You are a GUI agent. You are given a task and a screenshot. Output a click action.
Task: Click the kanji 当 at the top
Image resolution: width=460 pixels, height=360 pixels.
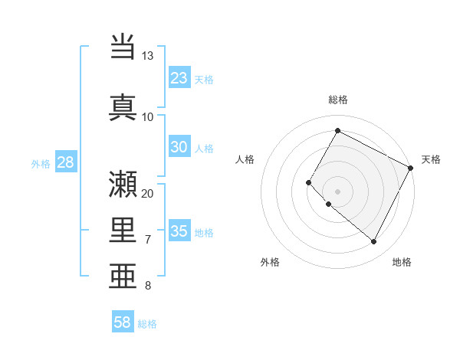pyautogui.click(x=123, y=48)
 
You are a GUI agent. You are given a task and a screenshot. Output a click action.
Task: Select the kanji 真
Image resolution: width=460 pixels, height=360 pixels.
pyautogui.click(x=123, y=107)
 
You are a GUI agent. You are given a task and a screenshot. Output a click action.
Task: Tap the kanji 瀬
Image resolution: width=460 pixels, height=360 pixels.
pyautogui.click(x=123, y=184)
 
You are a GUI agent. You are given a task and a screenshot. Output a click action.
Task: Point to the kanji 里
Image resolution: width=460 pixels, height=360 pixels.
pyautogui.click(x=123, y=230)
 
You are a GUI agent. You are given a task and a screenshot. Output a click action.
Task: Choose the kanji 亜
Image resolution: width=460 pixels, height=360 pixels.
pyautogui.click(x=123, y=276)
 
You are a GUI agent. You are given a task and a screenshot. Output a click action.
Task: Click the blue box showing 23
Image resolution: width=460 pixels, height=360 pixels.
pyautogui.click(x=179, y=77)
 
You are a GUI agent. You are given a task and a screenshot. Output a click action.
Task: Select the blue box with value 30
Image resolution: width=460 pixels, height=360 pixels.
pyautogui.click(x=179, y=148)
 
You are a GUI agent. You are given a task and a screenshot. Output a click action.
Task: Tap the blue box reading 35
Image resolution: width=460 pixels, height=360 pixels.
pyautogui.click(x=179, y=231)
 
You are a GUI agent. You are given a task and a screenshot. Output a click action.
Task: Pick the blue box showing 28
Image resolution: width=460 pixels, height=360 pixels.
pyautogui.click(x=65, y=162)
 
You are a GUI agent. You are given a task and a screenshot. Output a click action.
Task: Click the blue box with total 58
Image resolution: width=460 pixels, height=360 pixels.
pyautogui.click(x=123, y=322)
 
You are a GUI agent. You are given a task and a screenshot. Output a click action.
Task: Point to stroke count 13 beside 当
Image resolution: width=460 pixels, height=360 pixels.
pyautogui.click(x=147, y=56)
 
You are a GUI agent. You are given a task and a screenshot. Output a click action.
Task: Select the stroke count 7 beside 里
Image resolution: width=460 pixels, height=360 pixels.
pyautogui.click(x=147, y=240)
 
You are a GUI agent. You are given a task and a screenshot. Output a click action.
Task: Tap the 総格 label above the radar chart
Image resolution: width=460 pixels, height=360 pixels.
pyautogui.click(x=338, y=100)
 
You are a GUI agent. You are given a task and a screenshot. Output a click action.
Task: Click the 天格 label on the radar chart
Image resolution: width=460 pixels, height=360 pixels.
pyautogui.click(x=431, y=159)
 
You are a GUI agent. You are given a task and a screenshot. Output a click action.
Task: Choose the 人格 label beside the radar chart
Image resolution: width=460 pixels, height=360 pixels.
pyautogui.click(x=245, y=159)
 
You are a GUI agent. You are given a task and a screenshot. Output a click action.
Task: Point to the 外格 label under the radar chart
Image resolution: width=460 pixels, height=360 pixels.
pyautogui.click(x=270, y=263)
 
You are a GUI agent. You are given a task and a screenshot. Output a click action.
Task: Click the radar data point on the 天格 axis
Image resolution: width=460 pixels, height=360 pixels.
pyautogui.click(x=411, y=168)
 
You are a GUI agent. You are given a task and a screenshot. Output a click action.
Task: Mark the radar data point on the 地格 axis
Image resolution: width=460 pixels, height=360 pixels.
pyautogui.click(x=374, y=242)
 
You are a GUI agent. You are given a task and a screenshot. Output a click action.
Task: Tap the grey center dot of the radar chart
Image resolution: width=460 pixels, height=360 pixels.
pyautogui.click(x=337, y=191)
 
